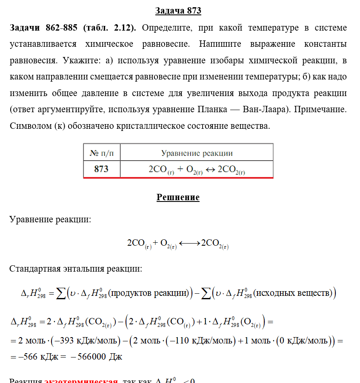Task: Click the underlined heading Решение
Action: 178,197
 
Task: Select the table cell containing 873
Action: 101,169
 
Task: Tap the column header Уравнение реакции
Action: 197,153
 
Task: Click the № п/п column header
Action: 101,153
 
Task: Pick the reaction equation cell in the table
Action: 197,169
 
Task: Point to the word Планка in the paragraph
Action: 211,110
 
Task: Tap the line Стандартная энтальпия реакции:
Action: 75,269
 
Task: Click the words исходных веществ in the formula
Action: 293,293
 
